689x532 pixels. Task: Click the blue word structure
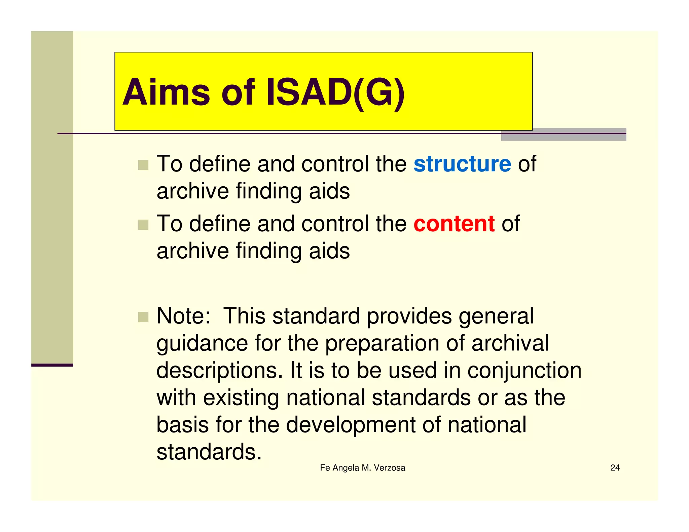click(x=462, y=164)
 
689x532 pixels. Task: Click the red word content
click(x=454, y=224)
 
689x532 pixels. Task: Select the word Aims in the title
click(x=166, y=92)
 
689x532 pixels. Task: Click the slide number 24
click(x=615, y=468)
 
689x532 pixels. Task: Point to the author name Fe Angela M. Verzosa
click(x=362, y=468)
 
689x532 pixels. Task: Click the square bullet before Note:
click(x=143, y=317)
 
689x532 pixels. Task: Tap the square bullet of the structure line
click(x=143, y=165)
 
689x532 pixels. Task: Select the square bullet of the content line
click(x=143, y=225)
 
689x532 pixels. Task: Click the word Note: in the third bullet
click(x=184, y=316)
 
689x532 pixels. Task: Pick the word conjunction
click(x=524, y=371)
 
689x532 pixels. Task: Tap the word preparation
click(x=382, y=344)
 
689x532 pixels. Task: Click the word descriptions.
click(x=219, y=371)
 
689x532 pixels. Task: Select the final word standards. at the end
click(x=209, y=452)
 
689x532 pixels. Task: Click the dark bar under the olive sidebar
click(x=52, y=365)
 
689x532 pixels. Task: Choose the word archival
click(x=510, y=344)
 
